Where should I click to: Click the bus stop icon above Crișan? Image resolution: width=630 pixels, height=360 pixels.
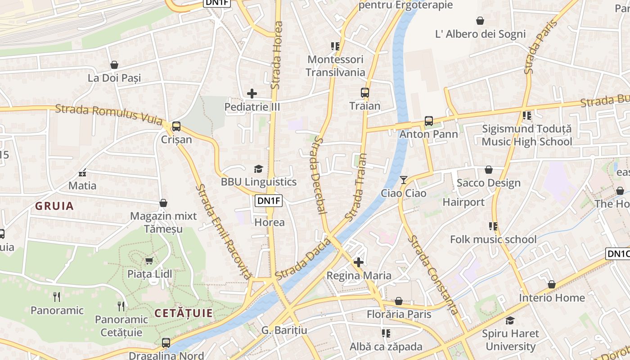176,126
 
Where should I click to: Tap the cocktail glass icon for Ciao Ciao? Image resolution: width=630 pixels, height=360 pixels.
403,180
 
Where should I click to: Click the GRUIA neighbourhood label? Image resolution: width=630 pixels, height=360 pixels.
54,206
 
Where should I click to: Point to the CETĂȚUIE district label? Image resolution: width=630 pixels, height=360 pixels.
184,313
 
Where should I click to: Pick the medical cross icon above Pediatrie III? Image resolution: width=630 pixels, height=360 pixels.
252,94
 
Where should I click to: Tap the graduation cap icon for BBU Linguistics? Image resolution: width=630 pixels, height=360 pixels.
258,169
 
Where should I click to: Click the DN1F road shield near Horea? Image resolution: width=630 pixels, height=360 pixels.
269,201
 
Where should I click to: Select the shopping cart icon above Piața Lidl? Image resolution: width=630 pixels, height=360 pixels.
149,261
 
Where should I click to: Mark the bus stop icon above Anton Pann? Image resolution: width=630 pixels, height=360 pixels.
428,121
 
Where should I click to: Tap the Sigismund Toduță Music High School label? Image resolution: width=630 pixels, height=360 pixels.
526,135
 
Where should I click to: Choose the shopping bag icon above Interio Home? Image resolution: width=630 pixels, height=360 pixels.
552,284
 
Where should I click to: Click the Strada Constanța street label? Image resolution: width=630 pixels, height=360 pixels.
434,274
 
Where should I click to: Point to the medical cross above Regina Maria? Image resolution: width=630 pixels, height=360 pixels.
359,262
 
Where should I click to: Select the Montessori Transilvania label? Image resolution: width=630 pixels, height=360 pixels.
335,66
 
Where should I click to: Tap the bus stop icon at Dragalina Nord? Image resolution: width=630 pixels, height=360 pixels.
166,342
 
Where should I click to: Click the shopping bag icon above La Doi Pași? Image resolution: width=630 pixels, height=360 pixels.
114,65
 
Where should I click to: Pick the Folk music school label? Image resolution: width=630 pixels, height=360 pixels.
493,239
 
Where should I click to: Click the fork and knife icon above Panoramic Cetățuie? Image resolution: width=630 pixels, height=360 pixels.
121,306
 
